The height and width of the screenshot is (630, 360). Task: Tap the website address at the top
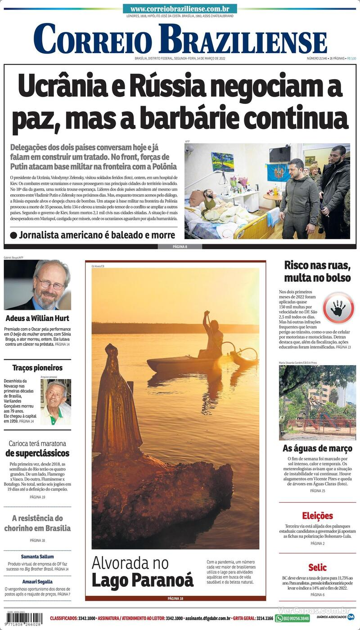tap(180, 9)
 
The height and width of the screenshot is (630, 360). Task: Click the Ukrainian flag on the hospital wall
tap(278, 172)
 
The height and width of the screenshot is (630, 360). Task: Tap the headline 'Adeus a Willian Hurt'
tap(37, 318)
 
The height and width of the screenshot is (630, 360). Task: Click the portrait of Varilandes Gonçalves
tap(56, 402)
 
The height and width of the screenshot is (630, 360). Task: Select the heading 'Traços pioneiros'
tap(37, 367)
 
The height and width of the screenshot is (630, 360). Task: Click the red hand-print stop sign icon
tap(338, 308)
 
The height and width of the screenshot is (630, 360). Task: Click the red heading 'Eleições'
tap(317, 516)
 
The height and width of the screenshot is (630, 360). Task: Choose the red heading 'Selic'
tap(317, 567)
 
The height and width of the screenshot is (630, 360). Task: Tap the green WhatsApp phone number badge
tap(292, 618)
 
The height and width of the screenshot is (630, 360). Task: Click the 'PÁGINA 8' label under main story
tap(180, 246)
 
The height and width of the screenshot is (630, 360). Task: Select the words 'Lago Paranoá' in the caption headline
tap(142, 580)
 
